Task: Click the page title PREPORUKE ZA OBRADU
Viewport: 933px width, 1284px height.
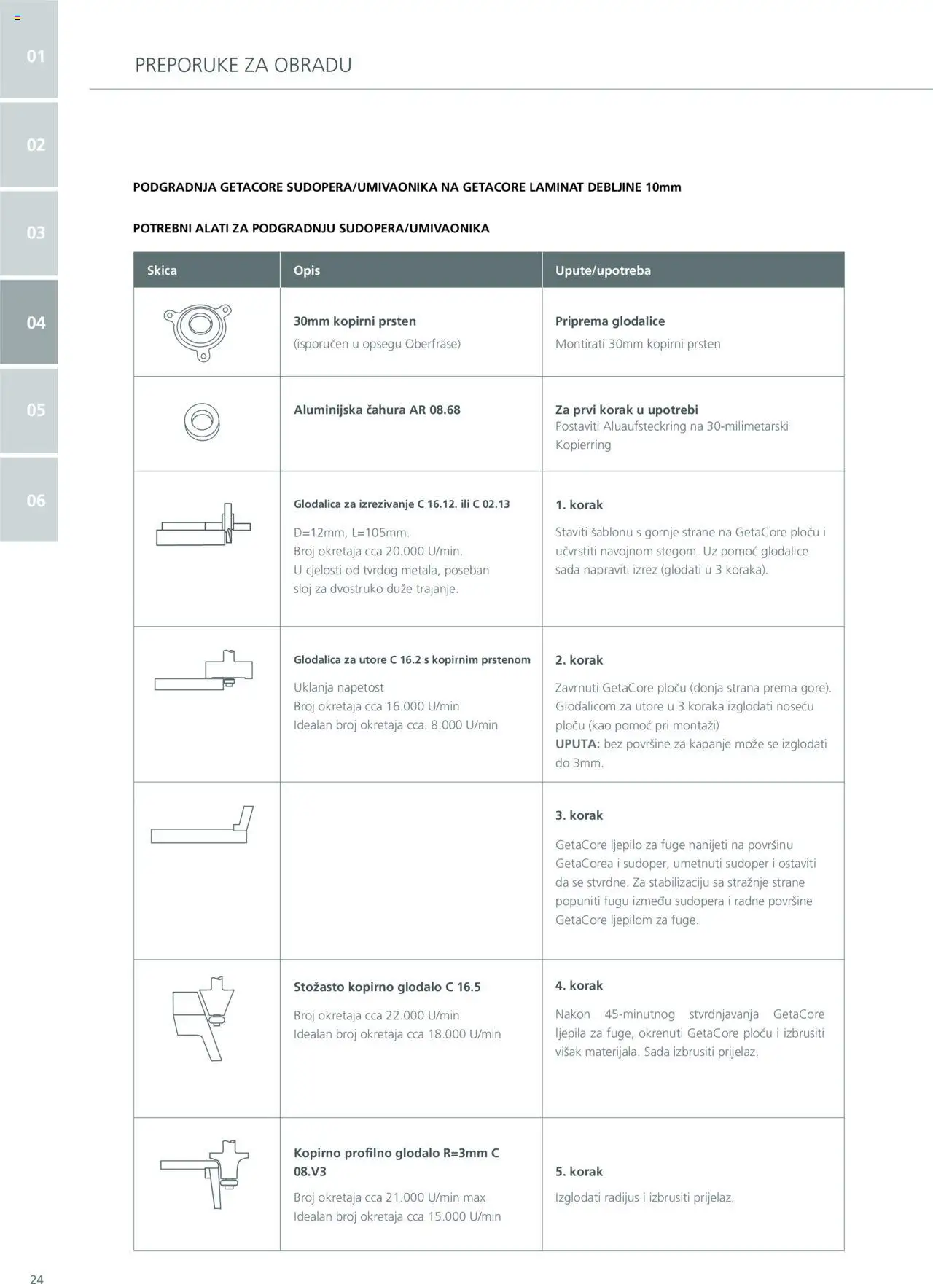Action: click(x=243, y=65)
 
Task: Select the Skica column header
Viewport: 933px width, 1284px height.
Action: click(x=162, y=270)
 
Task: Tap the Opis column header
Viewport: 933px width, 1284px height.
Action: click(x=307, y=270)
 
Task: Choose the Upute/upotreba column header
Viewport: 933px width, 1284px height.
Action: click(x=603, y=270)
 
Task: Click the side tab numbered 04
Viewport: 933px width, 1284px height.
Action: click(x=29, y=322)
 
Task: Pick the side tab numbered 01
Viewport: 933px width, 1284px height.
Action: click(x=29, y=56)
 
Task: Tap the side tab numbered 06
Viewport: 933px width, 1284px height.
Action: click(x=29, y=500)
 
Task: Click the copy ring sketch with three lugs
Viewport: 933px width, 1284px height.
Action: click(x=198, y=332)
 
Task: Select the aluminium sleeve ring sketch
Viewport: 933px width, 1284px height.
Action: click(x=202, y=422)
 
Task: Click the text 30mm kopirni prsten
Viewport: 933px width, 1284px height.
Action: click(x=354, y=321)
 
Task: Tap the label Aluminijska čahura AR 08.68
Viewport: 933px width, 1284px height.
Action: click(x=377, y=410)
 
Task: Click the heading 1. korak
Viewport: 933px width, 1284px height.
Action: click(x=579, y=504)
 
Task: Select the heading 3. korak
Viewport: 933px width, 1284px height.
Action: click(x=579, y=815)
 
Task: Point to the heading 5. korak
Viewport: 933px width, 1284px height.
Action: click(x=579, y=1171)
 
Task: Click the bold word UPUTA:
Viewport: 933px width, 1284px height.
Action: click(x=577, y=744)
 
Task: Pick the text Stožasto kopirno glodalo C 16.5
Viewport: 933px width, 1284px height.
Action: click(x=387, y=987)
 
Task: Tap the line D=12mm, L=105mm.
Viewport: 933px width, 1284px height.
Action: click(x=351, y=533)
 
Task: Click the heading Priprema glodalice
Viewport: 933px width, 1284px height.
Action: click(x=609, y=321)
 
